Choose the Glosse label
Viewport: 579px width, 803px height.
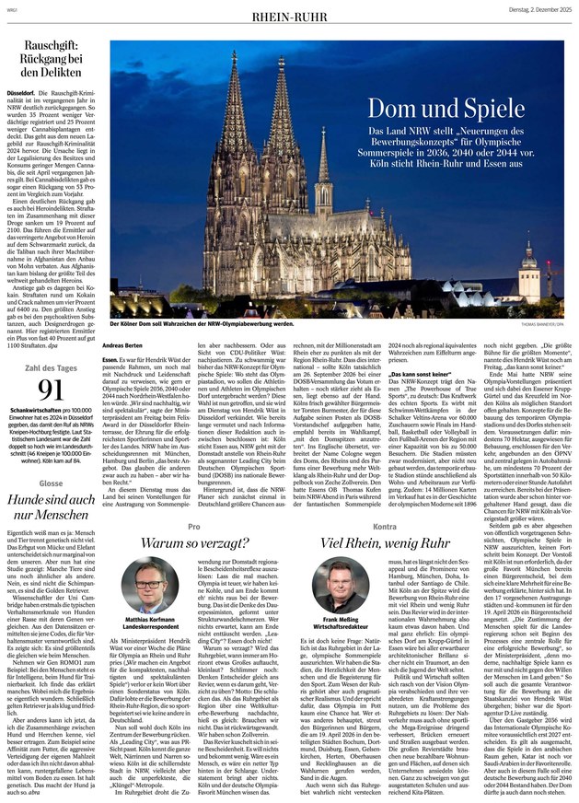25,483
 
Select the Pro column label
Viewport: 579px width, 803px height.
193,526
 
